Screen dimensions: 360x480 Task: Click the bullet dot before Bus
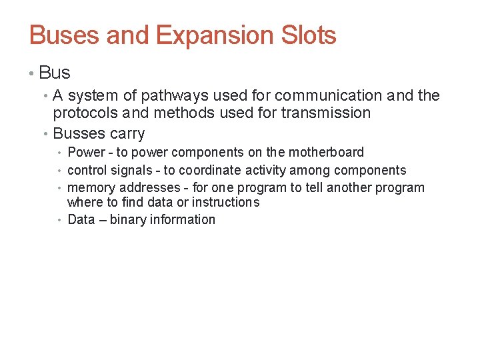(33, 73)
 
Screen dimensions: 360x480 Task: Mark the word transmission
(326, 113)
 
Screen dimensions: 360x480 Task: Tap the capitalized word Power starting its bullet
(86, 153)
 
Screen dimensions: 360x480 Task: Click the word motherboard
(326, 153)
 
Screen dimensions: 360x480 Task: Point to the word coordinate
(212, 171)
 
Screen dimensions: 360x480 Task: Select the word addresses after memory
(149, 188)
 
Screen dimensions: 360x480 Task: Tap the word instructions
(226, 202)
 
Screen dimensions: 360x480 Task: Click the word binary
(129, 220)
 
